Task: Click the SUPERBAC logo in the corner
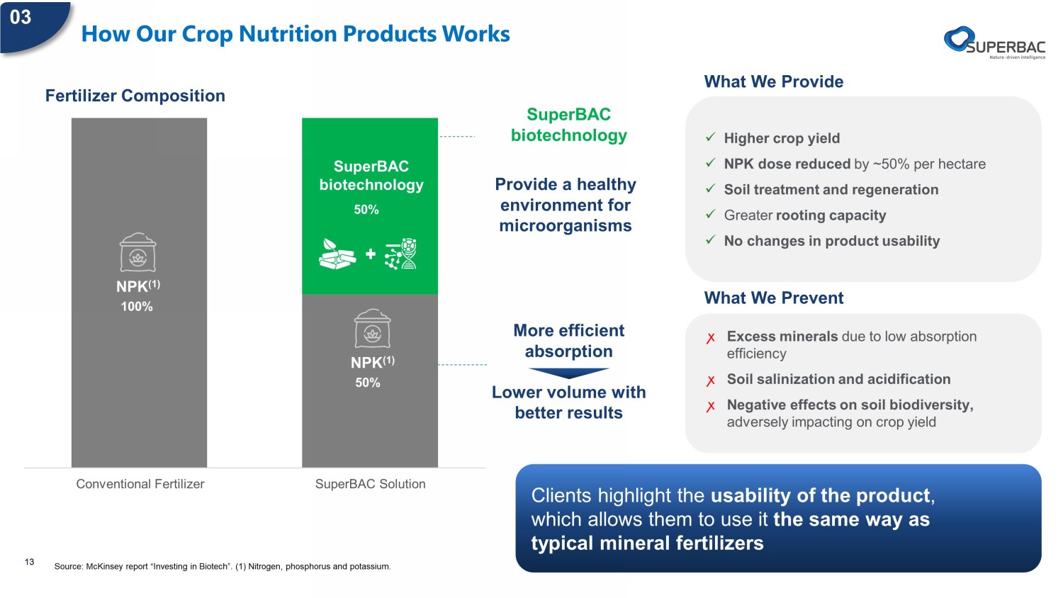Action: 995,43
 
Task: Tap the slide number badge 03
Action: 21,18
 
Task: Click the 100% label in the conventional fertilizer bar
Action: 137,307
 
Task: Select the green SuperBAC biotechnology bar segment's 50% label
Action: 366,209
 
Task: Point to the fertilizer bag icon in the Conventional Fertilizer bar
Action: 137,252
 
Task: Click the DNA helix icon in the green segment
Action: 401,254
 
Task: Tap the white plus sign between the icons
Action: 371,254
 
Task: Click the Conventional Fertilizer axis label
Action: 140,484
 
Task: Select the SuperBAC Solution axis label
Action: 370,484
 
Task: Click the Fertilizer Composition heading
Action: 135,96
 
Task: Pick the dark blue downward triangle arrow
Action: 569,373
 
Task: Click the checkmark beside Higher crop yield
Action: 710,137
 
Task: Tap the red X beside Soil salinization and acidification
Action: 710,380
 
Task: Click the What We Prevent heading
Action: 774,298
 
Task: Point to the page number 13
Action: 30,562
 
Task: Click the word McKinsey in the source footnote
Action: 103,566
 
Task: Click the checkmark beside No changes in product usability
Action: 710,239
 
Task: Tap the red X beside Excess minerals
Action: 710,338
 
